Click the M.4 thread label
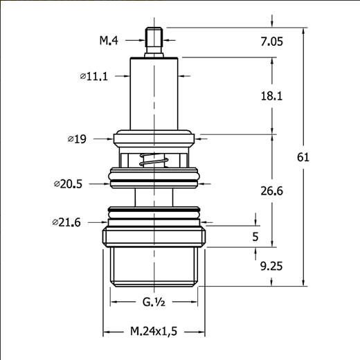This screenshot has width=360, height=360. pyautogui.click(x=109, y=40)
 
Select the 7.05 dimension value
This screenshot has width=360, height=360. pyautogui.click(x=271, y=42)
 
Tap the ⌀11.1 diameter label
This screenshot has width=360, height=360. pyautogui.click(x=94, y=76)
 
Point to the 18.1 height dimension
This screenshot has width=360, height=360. pyautogui.click(x=271, y=96)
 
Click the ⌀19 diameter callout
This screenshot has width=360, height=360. pyautogui.click(x=77, y=139)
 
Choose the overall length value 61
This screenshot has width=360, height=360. pyautogui.click(x=303, y=157)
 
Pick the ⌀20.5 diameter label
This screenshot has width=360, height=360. pyautogui.click(x=68, y=184)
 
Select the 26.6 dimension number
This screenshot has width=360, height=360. pyautogui.click(x=271, y=191)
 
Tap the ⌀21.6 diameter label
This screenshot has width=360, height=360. pyautogui.click(x=66, y=222)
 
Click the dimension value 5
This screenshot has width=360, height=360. pyautogui.click(x=255, y=237)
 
